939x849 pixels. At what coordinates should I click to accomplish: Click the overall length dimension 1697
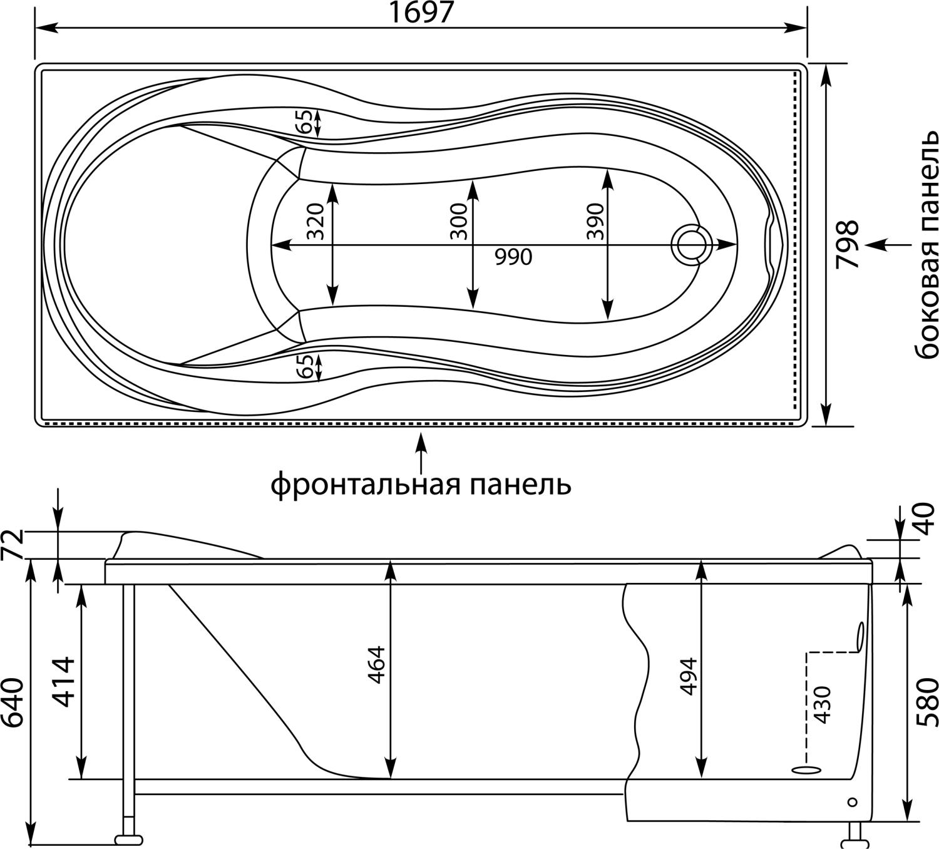(x=421, y=13)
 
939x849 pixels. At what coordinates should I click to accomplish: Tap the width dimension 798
(x=848, y=244)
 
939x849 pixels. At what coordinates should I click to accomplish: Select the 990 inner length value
(x=513, y=257)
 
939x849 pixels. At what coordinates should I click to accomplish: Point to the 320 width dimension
(x=316, y=222)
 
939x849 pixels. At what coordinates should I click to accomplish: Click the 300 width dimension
(x=459, y=222)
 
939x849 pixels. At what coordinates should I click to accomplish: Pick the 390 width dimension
(x=595, y=222)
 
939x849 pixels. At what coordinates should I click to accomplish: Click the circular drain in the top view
(x=692, y=245)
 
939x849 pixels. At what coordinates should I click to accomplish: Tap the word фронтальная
(x=365, y=485)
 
